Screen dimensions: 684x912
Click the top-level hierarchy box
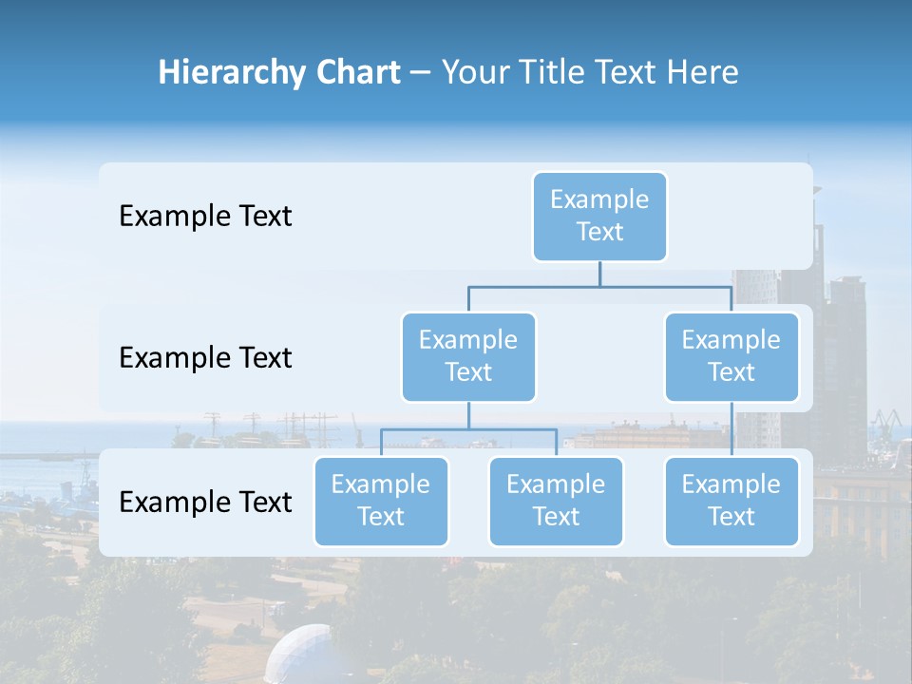pyautogui.click(x=599, y=217)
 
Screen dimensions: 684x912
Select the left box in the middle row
pyautogui.click(x=468, y=357)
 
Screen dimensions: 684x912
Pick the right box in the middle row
pyautogui.click(x=731, y=357)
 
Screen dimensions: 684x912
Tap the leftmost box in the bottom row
pyautogui.click(x=381, y=502)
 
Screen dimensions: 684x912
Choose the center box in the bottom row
pyautogui.click(x=556, y=502)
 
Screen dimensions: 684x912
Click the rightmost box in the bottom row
pyautogui.click(x=731, y=502)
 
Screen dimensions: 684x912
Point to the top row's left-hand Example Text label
pyautogui.click(x=205, y=217)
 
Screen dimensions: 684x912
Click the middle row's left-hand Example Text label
pyautogui.click(x=205, y=358)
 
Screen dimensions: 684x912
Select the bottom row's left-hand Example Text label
pyautogui.click(x=205, y=503)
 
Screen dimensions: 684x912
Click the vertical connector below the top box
pyautogui.click(x=599, y=274)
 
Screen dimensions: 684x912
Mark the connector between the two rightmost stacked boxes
pyautogui.click(x=731, y=429)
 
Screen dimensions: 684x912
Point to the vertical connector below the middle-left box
pyautogui.click(x=468, y=415)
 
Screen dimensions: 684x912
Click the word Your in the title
pyautogui.click(x=471, y=73)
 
